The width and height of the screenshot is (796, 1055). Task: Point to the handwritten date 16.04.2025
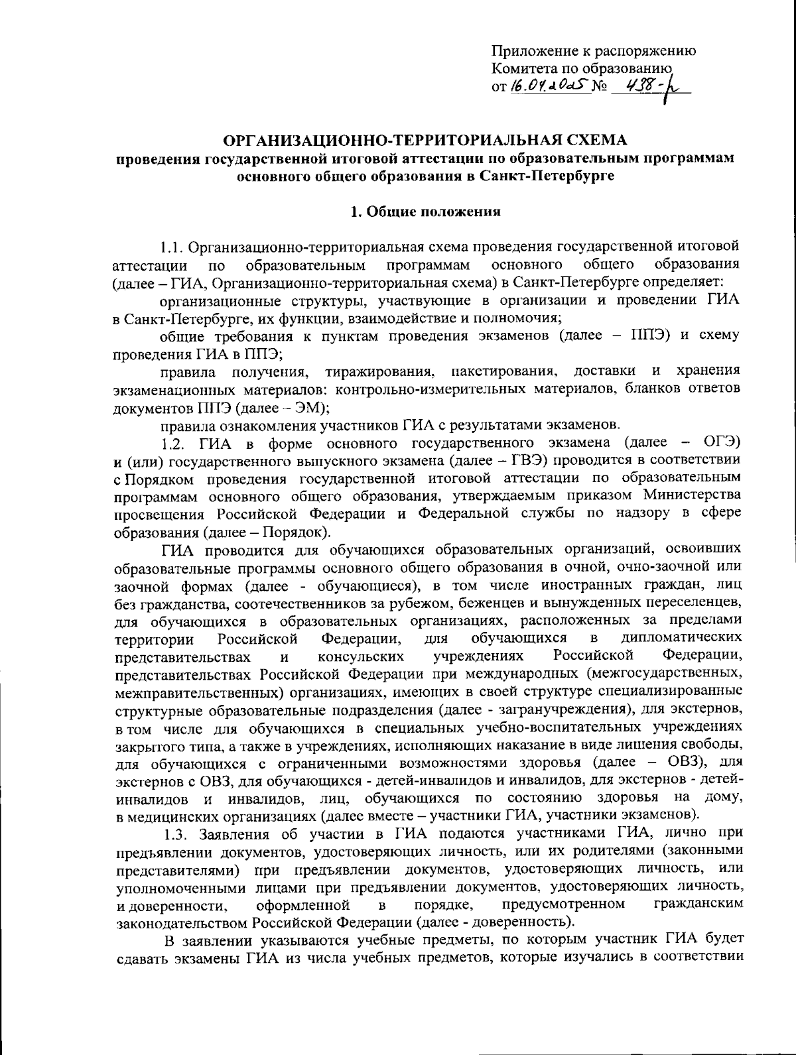[x=549, y=87]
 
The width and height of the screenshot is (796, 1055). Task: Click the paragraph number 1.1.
[x=172, y=248]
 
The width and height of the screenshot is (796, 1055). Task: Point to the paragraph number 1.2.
[x=174, y=442]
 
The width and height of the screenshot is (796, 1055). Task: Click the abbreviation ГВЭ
[x=531, y=459]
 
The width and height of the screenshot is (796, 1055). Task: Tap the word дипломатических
[x=683, y=638]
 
